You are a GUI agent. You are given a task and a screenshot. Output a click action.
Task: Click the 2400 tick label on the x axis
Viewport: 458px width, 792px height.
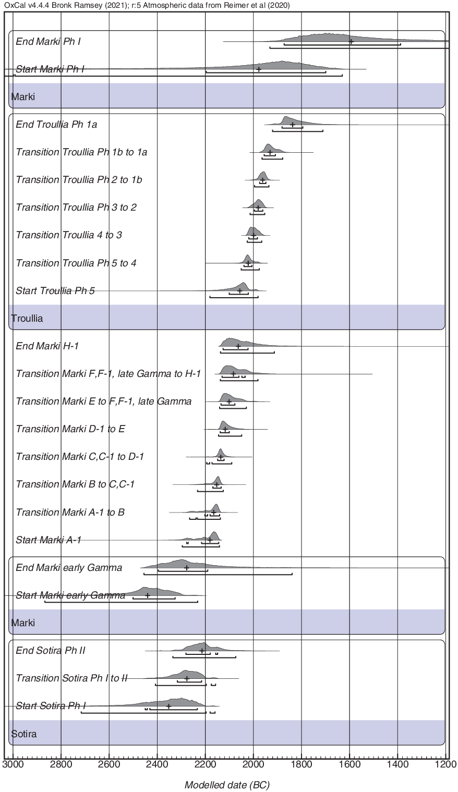tap(158, 765)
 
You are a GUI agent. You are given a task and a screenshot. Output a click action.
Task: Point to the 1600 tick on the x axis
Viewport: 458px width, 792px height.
tap(350, 759)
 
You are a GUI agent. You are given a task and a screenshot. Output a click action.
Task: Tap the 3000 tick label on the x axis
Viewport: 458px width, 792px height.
tap(13, 765)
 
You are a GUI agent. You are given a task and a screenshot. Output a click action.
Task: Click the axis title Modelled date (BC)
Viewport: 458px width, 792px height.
tap(227, 785)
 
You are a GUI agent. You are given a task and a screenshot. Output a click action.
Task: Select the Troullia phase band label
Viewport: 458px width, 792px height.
tap(27, 318)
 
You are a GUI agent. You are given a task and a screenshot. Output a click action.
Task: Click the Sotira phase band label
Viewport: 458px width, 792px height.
tap(24, 734)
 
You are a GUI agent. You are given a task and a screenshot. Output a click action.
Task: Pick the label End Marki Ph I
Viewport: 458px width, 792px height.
tap(48, 41)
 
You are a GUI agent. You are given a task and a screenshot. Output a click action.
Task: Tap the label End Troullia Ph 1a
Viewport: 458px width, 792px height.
tap(56, 124)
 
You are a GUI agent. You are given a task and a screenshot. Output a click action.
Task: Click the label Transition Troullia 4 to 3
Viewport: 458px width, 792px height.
tap(69, 235)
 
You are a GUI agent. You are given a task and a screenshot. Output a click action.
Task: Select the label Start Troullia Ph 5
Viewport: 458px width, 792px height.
tap(55, 290)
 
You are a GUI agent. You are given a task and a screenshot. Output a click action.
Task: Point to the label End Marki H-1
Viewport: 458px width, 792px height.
tap(47, 346)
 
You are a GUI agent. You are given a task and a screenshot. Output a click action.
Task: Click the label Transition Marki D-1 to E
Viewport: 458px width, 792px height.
tap(70, 429)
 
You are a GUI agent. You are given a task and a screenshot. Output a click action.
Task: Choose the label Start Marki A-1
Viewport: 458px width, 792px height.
tap(49, 540)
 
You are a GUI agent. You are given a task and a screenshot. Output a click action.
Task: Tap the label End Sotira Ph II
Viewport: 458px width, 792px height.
tap(51, 650)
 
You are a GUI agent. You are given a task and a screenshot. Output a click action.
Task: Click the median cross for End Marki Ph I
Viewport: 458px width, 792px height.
tap(351, 41)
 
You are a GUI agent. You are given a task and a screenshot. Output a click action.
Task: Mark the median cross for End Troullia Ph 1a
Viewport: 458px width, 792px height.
tap(293, 124)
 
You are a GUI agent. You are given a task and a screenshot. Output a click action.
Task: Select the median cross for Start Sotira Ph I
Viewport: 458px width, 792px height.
tap(168, 706)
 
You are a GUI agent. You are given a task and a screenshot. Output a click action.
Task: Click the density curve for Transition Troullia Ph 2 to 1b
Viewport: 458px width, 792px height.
tap(262, 176)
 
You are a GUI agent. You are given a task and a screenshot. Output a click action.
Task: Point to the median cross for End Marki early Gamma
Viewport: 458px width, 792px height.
tap(187, 567)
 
